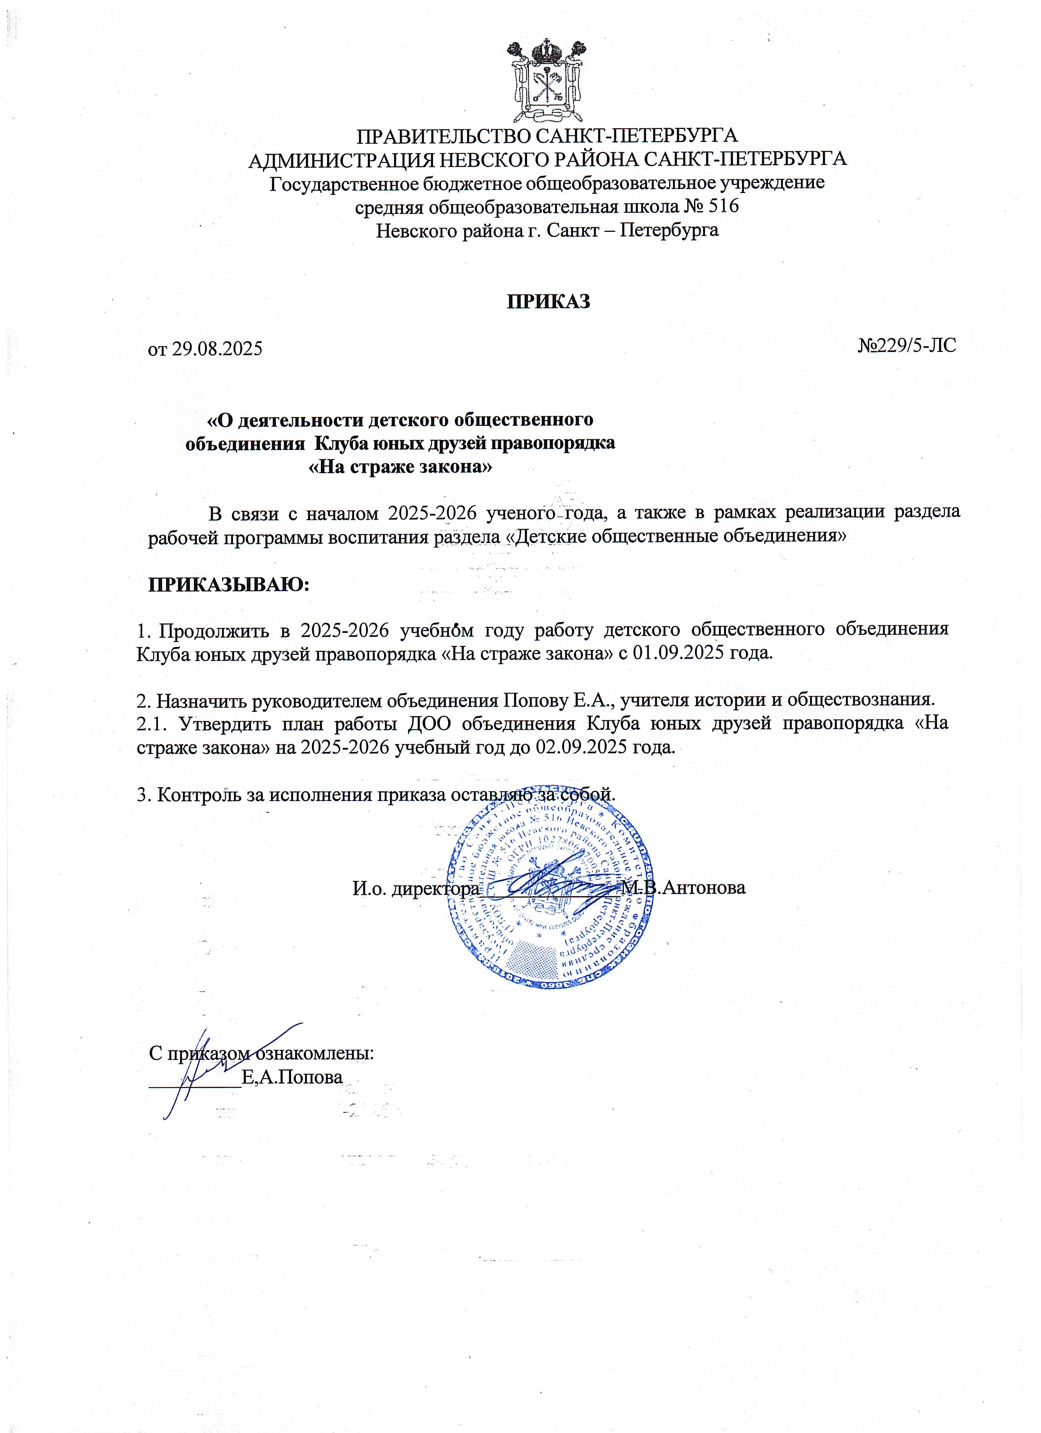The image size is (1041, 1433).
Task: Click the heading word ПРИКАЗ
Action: pos(548,301)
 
